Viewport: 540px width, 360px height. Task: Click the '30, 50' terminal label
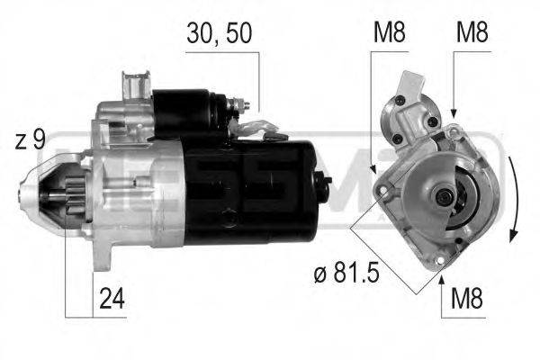pos(219,33)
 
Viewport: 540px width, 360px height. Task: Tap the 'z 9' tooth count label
pos(30,140)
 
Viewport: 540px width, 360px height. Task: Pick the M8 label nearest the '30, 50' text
pos(389,33)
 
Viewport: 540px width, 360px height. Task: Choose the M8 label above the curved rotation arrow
pos(472,33)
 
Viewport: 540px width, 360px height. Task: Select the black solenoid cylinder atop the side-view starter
pos(185,108)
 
